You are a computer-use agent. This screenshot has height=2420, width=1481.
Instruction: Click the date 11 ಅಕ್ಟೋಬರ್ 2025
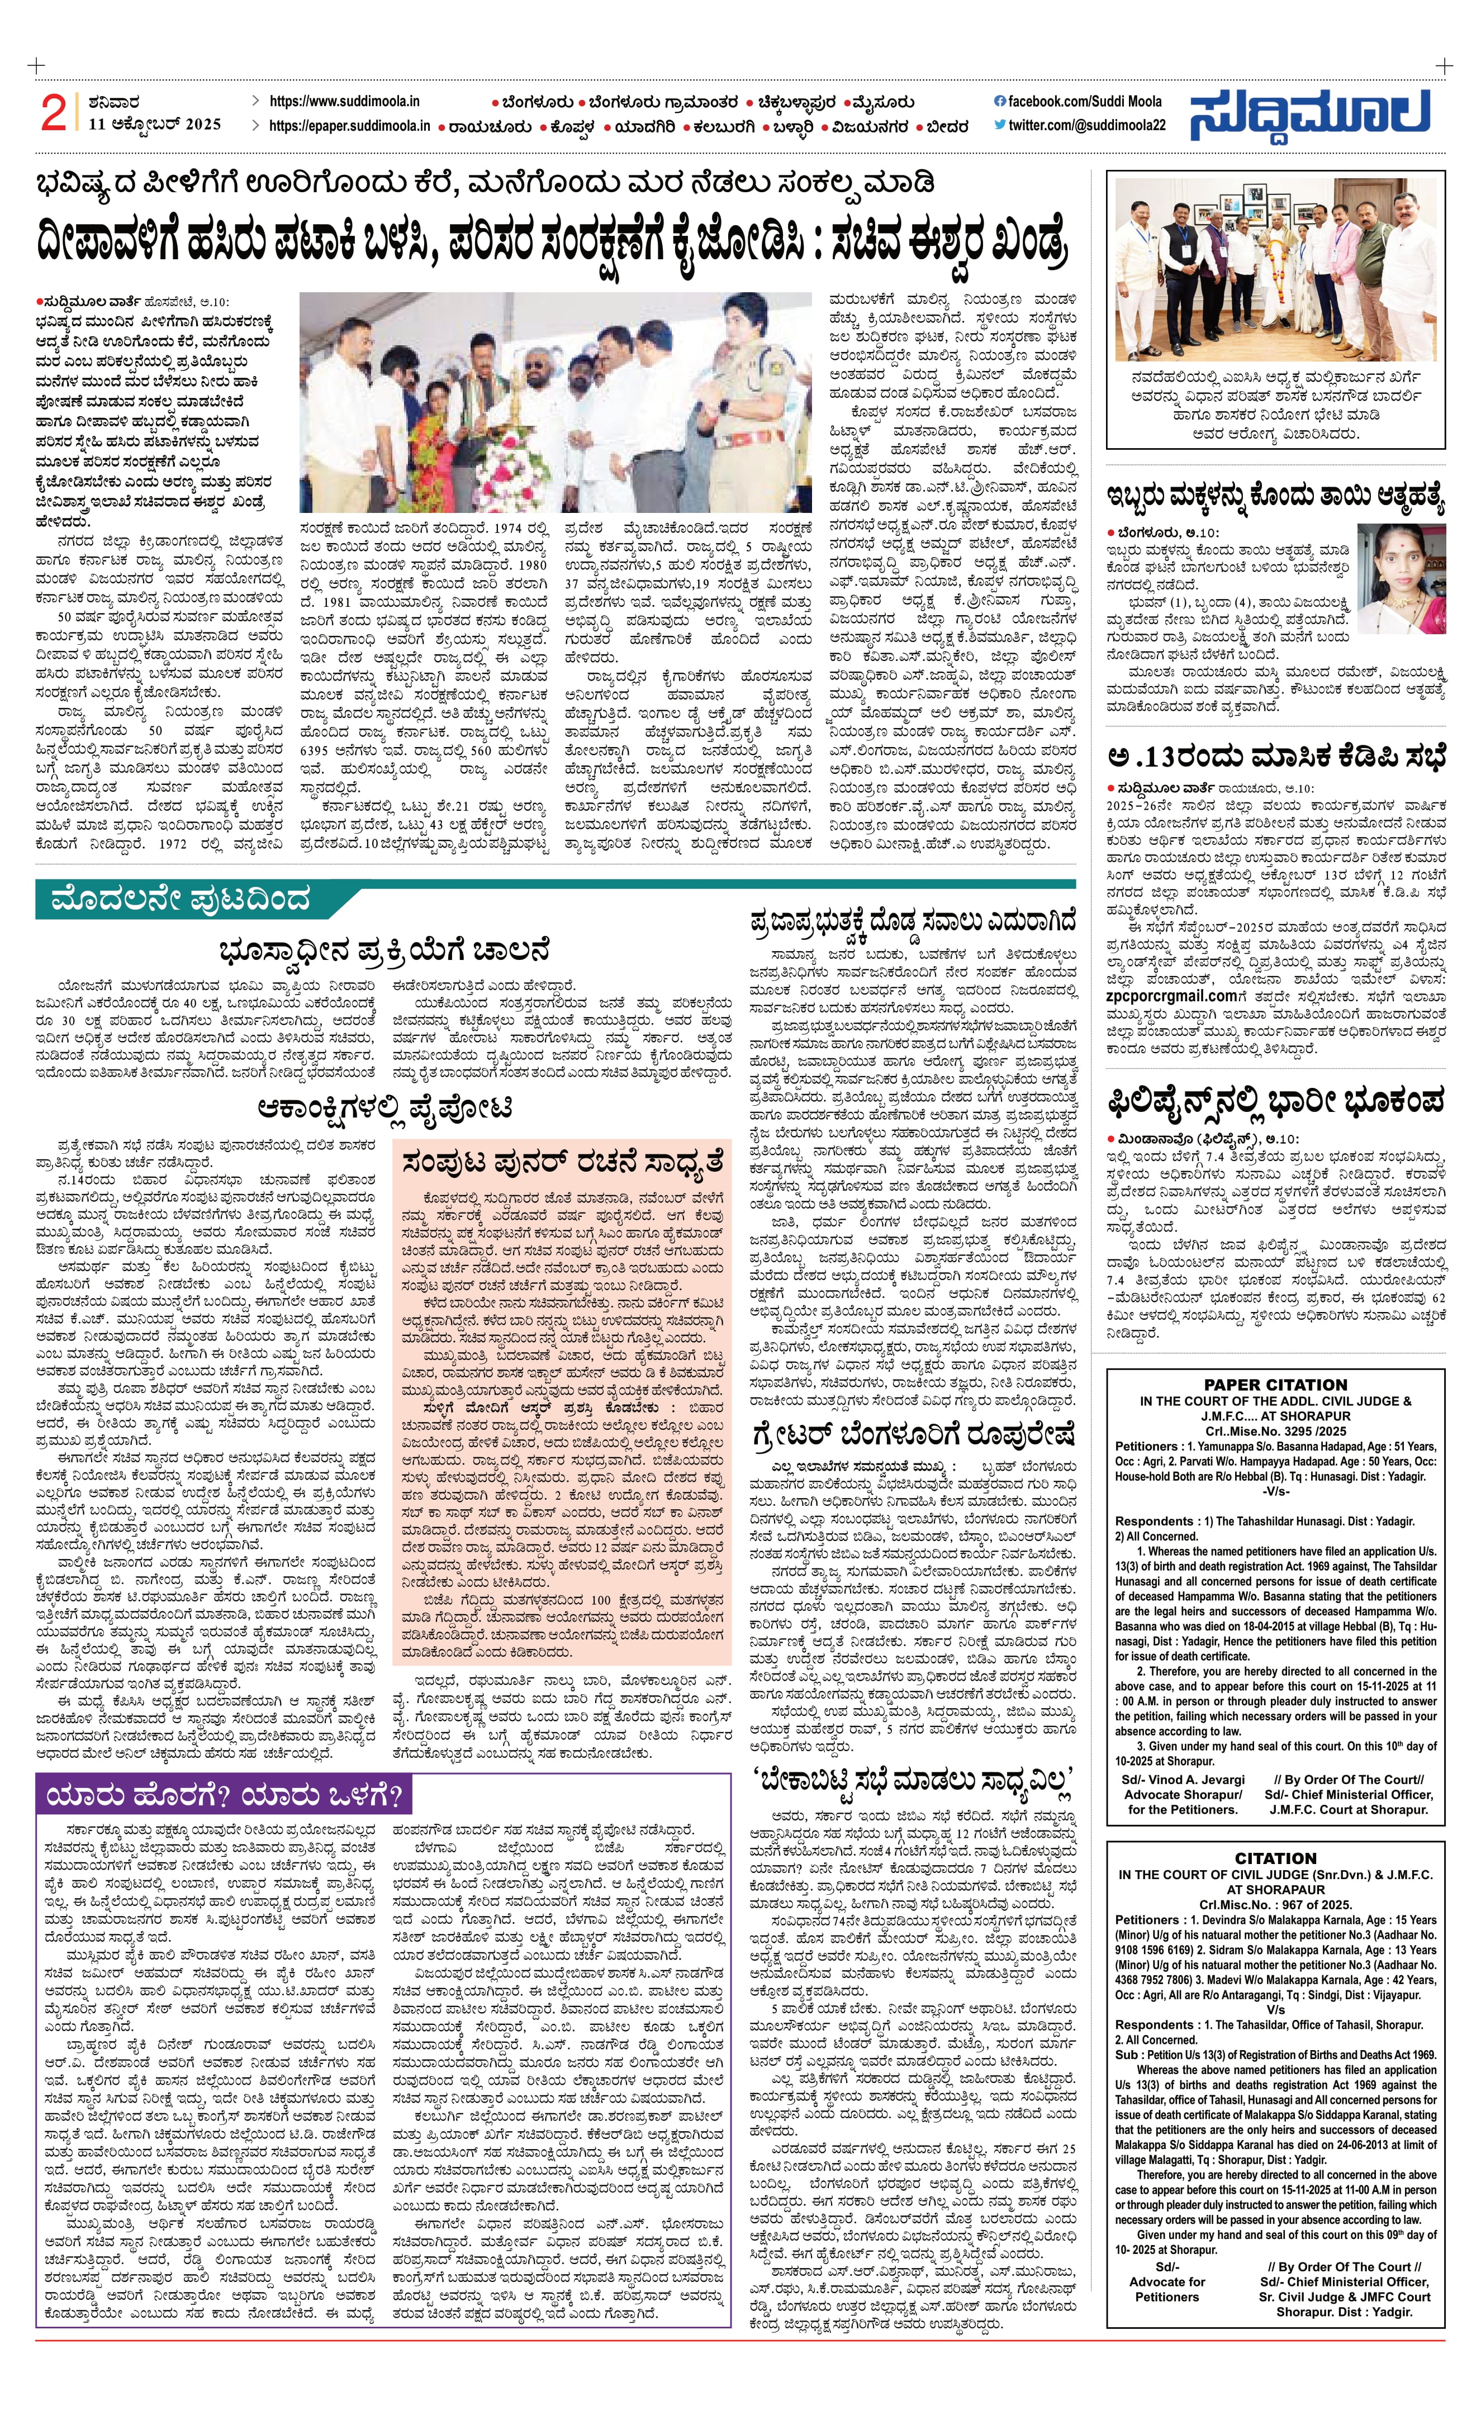[154, 125]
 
